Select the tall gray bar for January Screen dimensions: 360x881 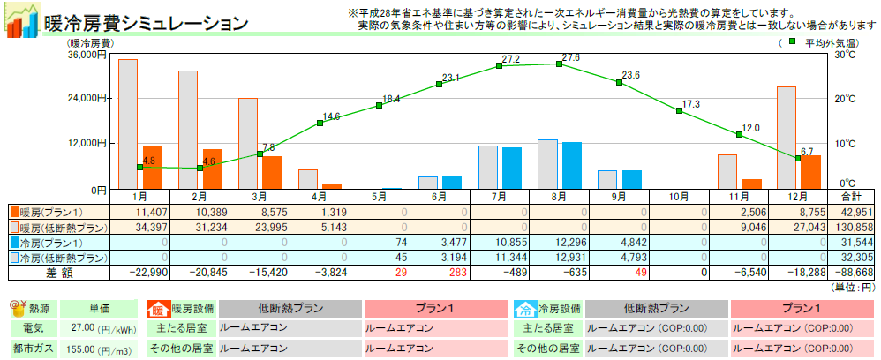click(x=127, y=124)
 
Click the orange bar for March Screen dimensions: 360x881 click(x=273, y=172)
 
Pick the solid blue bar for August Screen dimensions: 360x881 click(x=572, y=165)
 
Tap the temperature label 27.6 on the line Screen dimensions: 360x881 click(x=570, y=57)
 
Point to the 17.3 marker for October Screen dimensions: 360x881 click(x=679, y=110)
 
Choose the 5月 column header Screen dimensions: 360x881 click(x=380, y=196)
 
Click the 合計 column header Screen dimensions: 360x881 click(x=852, y=196)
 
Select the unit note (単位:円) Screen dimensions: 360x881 click(x=854, y=288)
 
